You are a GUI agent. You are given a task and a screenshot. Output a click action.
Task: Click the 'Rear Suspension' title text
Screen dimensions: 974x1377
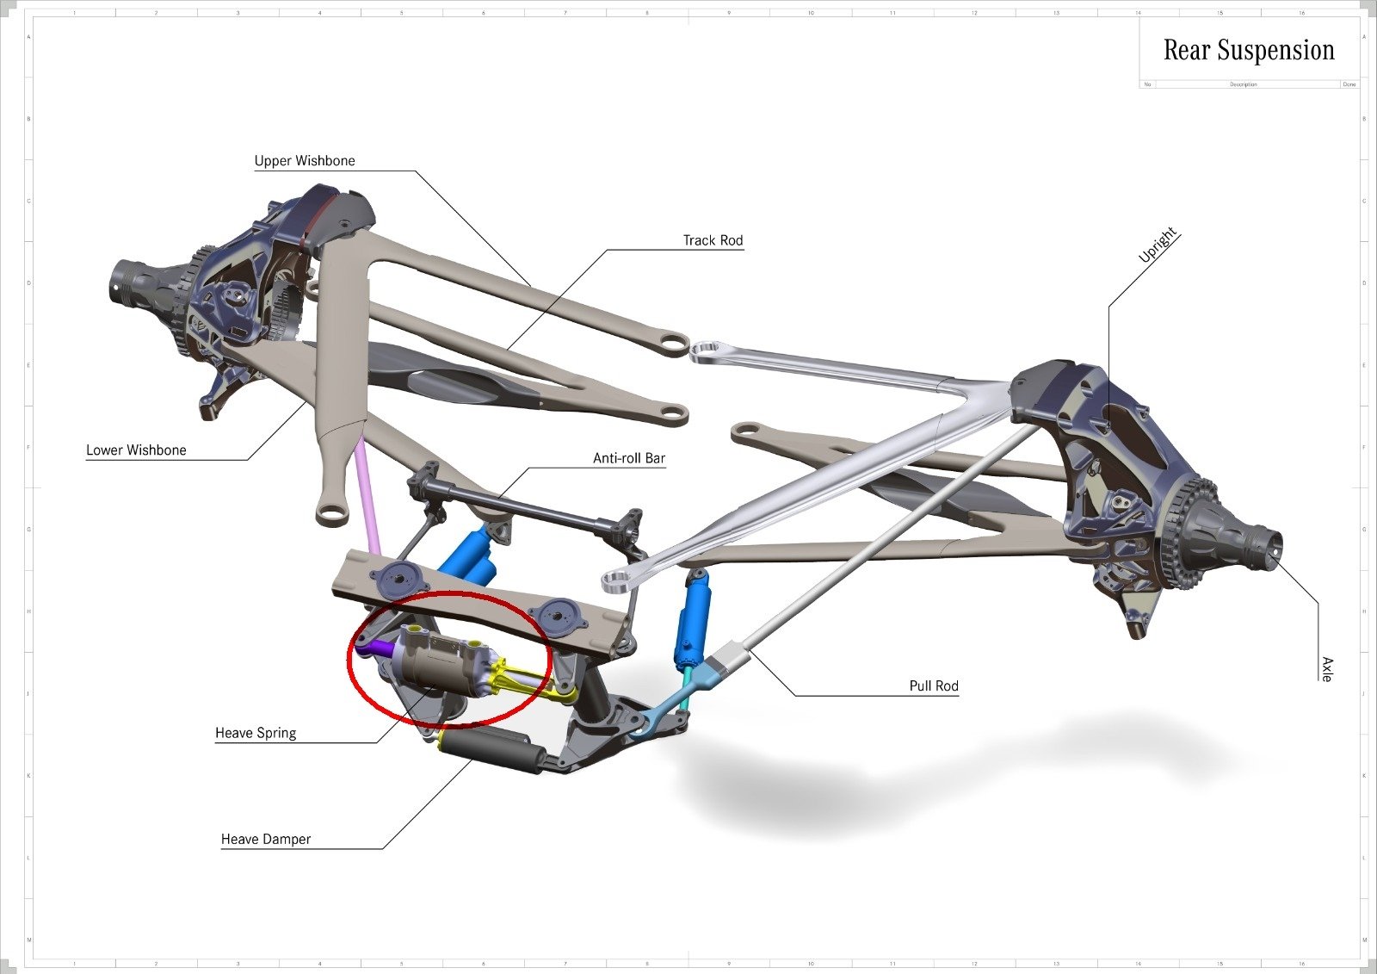click(1248, 51)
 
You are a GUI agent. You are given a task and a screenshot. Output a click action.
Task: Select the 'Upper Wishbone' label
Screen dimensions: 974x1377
click(305, 161)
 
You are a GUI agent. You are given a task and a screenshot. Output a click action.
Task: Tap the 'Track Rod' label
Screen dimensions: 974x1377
click(713, 241)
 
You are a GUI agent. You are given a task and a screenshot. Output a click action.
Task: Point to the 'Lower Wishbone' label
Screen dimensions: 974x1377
click(136, 450)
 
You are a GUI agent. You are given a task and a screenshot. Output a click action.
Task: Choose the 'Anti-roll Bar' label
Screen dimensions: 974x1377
click(629, 459)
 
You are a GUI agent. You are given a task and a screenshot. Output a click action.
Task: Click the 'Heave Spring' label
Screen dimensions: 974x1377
click(256, 734)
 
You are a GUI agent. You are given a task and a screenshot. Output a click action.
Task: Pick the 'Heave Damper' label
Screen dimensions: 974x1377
click(266, 840)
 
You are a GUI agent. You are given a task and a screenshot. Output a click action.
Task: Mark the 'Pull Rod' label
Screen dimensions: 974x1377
click(934, 686)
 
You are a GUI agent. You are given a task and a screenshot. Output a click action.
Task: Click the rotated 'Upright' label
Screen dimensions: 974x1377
click(1157, 246)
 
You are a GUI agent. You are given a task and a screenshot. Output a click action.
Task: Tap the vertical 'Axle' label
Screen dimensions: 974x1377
click(1327, 669)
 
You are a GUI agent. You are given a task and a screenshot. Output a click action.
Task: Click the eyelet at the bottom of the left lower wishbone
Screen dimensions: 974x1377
click(332, 514)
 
